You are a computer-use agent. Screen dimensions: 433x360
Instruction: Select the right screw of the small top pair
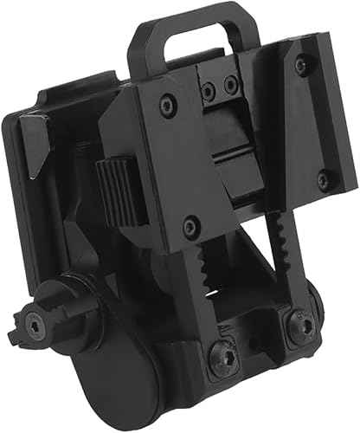(x=230, y=85)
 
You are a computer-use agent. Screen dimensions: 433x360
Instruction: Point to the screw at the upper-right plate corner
(x=299, y=64)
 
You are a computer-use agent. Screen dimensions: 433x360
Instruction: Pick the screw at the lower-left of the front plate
(x=191, y=227)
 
